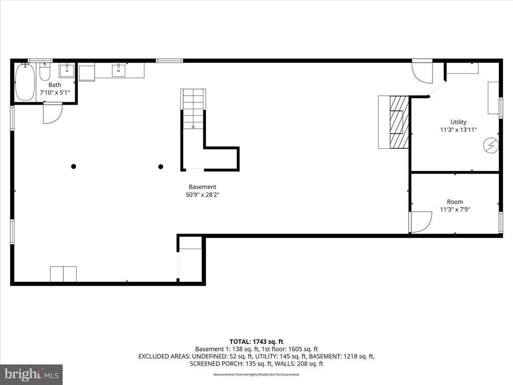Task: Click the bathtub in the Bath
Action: click(25, 82)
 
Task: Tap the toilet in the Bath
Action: click(45, 73)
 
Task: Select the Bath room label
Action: click(55, 85)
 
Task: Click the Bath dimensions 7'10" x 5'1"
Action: click(55, 93)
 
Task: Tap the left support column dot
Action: click(74, 166)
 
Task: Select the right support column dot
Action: click(161, 166)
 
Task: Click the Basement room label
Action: click(202, 187)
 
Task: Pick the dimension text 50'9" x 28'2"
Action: click(202, 195)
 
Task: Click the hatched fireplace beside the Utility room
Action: click(399, 122)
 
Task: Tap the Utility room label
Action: click(458, 122)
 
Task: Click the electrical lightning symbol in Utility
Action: click(490, 145)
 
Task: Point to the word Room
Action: click(455, 202)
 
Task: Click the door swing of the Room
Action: click(421, 221)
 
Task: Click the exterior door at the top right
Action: click(422, 72)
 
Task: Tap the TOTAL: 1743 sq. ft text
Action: click(256, 341)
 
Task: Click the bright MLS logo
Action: click(31, 374)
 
